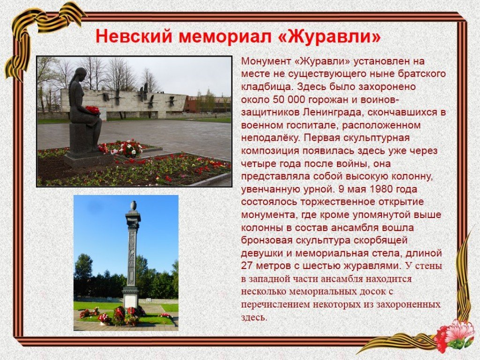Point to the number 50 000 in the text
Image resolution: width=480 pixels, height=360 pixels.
click(x=282, y=99)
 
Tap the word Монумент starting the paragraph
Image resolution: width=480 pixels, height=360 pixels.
click(x=266, y=61)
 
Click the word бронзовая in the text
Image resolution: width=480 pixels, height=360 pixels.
click(x=267, y=240)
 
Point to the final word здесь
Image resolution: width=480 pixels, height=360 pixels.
click(x=254, y=317)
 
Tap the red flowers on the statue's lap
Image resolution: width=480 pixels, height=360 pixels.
click(x=93, y=110)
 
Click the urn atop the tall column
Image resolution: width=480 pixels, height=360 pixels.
click(x=133, y=205)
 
